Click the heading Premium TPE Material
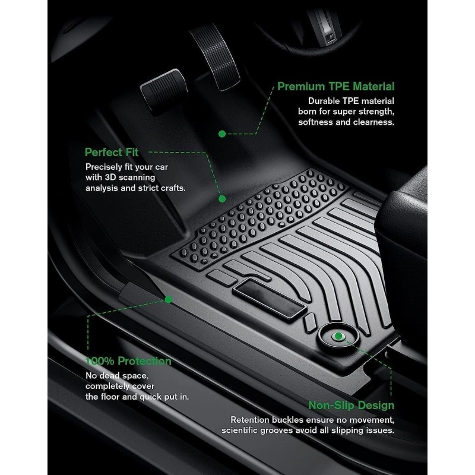click(x=335, y=87)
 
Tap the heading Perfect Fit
click(x=112, y=152)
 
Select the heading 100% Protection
click(x=128, y=361)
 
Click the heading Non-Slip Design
click(x=351, y=406)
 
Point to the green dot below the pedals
click(x=222, y=134)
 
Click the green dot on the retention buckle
click(x=338, y=336)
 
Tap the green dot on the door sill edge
click(x=168, y=299)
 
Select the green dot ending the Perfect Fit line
click(x=222, y=199)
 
